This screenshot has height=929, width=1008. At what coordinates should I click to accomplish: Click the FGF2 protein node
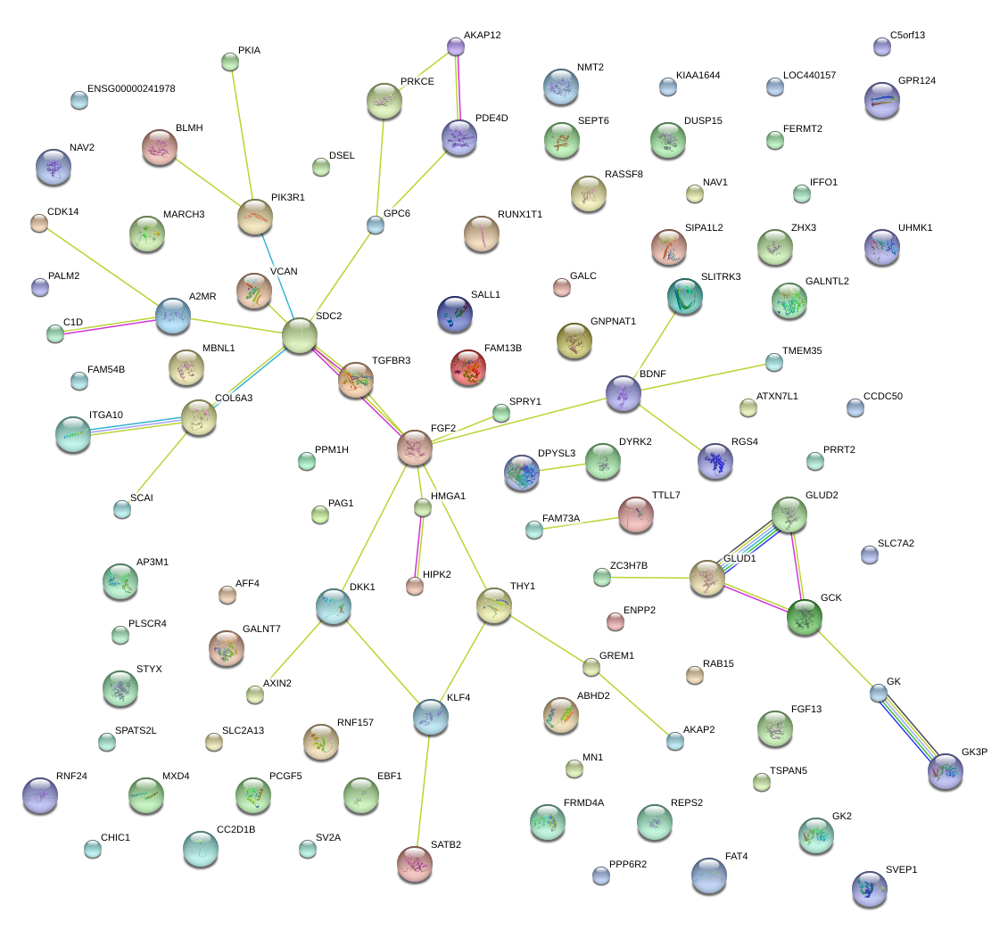click(415, 448)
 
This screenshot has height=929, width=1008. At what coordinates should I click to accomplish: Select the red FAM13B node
click(468, 367)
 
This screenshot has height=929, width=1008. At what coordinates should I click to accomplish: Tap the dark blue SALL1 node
click(455, 314)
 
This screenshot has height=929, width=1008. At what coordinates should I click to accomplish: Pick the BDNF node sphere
click(624, 393)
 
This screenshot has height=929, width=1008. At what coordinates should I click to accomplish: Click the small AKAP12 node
click(456, 46)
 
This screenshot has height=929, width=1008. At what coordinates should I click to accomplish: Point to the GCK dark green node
click(805, 617)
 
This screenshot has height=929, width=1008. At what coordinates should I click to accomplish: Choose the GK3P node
click(946, 771)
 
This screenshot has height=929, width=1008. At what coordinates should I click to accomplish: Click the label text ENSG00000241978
click(131, 88)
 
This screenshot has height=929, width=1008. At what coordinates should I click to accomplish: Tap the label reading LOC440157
click(809, 75)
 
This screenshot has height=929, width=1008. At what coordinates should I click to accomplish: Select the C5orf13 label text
click(908, 36)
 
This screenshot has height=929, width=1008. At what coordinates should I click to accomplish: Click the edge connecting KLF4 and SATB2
click(423, 790)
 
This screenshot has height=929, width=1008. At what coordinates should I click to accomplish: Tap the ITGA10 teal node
click(73, 434)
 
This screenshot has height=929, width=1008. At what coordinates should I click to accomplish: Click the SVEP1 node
click(870, 889)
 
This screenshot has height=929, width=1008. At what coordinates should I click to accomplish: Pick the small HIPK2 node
click(416, 586)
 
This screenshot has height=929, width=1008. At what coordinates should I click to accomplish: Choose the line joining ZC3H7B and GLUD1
click(650, 578)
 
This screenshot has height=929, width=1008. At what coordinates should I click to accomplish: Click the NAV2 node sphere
click(54, 167)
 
